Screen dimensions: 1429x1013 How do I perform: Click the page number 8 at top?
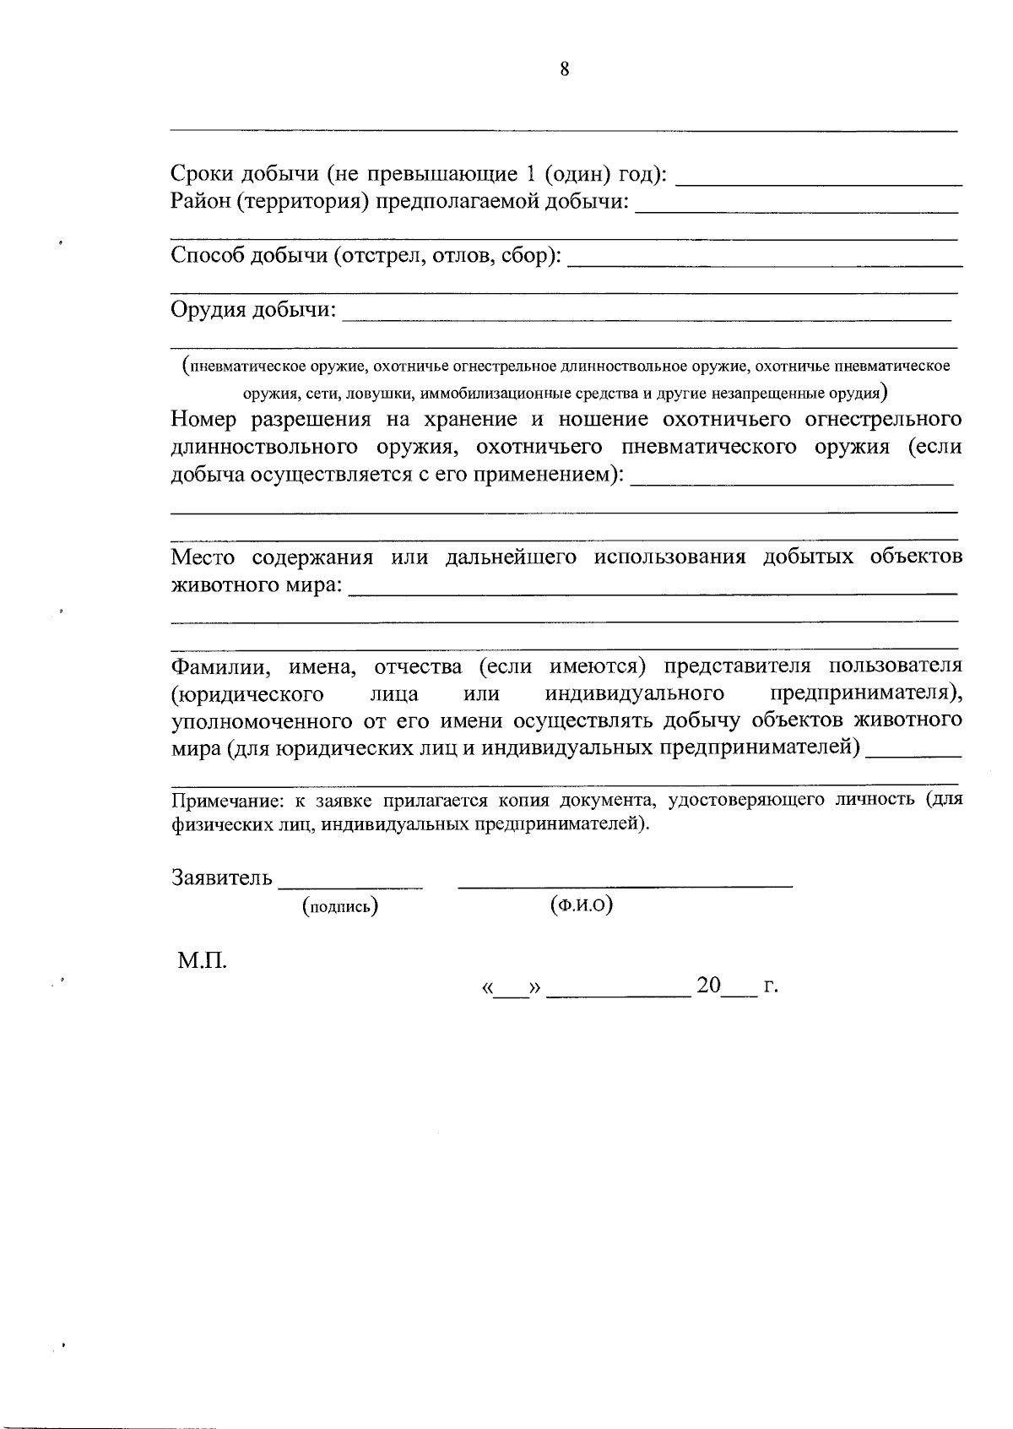564,70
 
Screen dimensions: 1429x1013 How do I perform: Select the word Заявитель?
222,878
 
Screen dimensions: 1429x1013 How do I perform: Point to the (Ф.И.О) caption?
581,905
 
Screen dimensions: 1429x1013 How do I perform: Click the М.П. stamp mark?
202,961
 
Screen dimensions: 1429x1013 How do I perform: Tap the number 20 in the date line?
708,986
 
